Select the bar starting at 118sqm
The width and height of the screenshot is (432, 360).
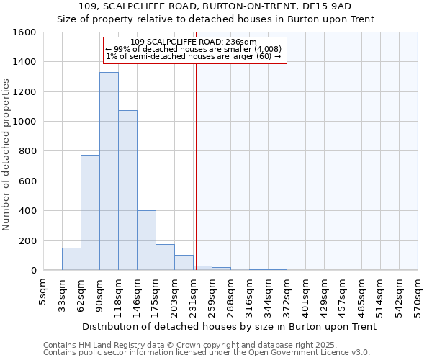(x=127, y=190)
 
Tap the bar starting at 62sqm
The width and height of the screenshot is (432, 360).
(x=90, y=212)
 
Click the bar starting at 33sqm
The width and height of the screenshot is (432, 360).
(x=71, y=258)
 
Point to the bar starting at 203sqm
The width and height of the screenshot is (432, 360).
(x=184, y=263)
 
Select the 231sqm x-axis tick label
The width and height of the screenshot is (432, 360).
(x=194, y=293)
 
